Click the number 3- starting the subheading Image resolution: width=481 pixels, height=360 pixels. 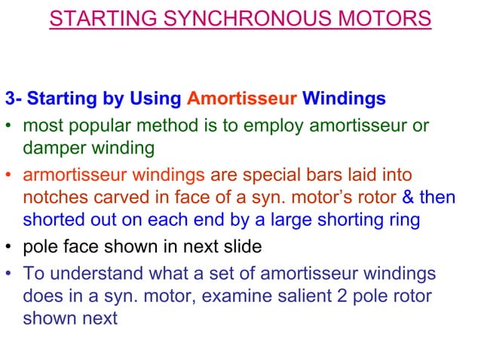click(x=14, y=99)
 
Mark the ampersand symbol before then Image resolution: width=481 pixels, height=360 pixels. click(x=408, y=198)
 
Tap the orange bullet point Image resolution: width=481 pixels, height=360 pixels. click(x=11, y=175)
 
